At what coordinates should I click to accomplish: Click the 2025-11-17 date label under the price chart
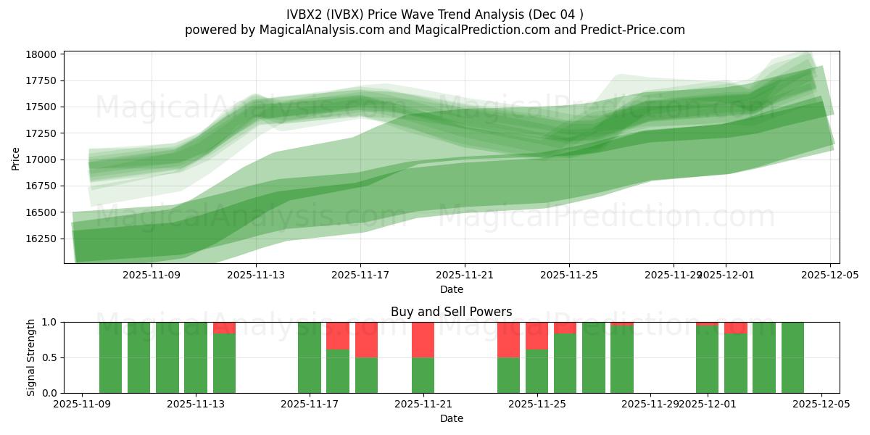[x=360, y=275]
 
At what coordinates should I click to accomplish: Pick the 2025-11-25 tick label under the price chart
[x=569, y=275]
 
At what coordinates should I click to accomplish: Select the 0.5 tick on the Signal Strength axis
[x=51, y=358]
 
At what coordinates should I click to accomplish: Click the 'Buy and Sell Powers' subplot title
[x=451, y=312]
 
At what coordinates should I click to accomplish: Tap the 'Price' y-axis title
[x=16, y=158]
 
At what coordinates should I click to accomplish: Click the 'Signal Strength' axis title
[x=30, y=357]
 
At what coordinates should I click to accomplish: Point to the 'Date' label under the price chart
[x=451, y=289]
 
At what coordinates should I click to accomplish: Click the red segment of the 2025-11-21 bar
[x=423, y=339]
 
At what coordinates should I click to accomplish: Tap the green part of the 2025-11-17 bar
[x=310, y=357]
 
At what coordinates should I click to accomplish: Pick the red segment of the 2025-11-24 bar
[x=508, y=339]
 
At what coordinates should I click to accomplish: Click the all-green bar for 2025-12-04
[x=792, y=357]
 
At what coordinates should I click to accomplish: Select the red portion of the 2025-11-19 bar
[x=366, y=339]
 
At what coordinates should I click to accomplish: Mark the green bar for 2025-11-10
[x=110, y=357]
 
